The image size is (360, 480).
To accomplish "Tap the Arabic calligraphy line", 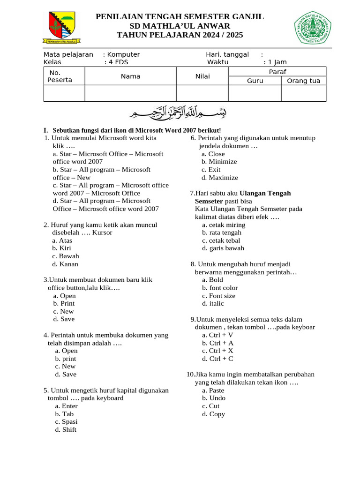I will coord(180,112).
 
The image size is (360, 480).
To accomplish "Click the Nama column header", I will coord(130,76).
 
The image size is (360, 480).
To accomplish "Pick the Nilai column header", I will coord(202,76).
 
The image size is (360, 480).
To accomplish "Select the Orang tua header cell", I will coord(303,81).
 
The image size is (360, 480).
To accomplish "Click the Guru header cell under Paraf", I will coord(255,81).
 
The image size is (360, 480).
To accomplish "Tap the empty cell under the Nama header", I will coord(130,93).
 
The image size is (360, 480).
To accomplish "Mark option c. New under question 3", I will coord(63,311).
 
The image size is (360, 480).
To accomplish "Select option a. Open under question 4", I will coord(66,351).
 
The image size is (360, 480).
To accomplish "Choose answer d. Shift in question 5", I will coord(66,429).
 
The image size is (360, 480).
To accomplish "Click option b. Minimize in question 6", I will coord(219,161).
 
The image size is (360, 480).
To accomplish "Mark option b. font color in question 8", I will coord(220,288).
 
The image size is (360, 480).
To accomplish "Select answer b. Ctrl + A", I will coord(218,343).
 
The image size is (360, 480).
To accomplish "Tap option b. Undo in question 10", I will coord(214,398).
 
